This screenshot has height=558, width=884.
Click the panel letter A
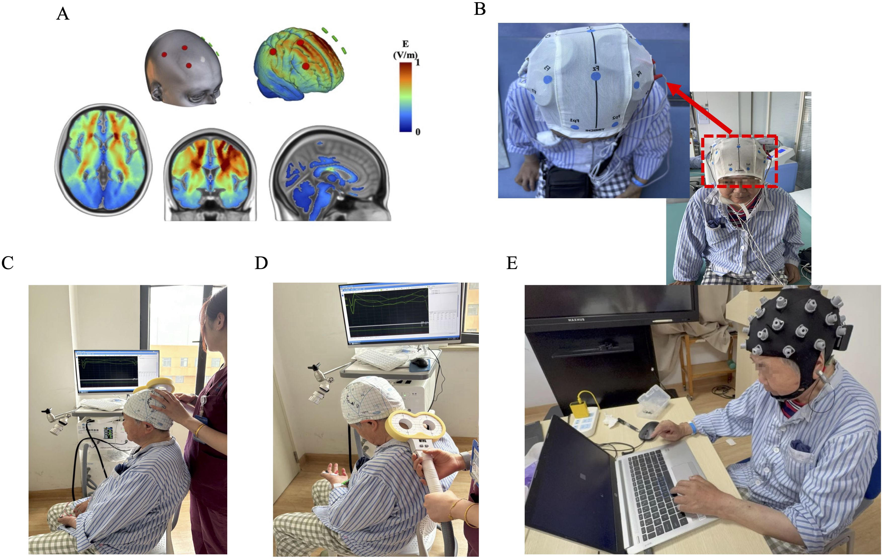[x=63, y=14]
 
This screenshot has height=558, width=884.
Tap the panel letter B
[x=480, y=9]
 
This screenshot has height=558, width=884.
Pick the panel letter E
[x=512, y=263]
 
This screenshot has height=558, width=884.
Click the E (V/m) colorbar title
[x=405, y=50]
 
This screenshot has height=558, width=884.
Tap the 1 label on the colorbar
[x=418, y=62]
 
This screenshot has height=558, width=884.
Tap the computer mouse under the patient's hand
[x=648, y=430]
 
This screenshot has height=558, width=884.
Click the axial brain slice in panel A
[x=103, y=160]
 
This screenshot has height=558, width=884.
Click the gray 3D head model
[x=183, y=68]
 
